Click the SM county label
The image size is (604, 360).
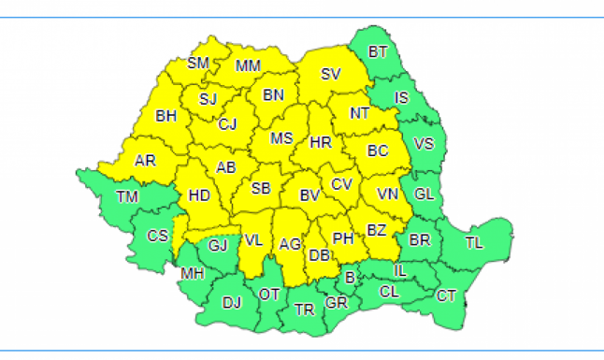pos(198,63)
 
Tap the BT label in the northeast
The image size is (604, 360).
pos(378,52)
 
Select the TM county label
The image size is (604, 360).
pos(126,196)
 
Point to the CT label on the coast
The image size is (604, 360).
pos(447,295)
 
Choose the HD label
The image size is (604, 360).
pos(199,196)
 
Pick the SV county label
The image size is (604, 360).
pos(331,74)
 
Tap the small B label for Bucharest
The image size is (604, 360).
pos(350,278)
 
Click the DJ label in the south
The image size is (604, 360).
pos(232,302)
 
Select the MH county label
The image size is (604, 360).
pos(193,273)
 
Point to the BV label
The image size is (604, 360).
pos(309,195)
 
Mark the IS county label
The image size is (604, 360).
pos(402,97)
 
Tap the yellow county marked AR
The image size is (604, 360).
pos(145,161)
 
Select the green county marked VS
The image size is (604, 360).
pos(424,144)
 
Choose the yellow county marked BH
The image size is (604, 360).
pos(166,117)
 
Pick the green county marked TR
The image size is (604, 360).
pos(304,309)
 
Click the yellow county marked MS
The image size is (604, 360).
pos(281,138)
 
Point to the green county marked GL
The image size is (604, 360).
pos(424,194)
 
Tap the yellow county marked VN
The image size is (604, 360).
pos(388,194)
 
